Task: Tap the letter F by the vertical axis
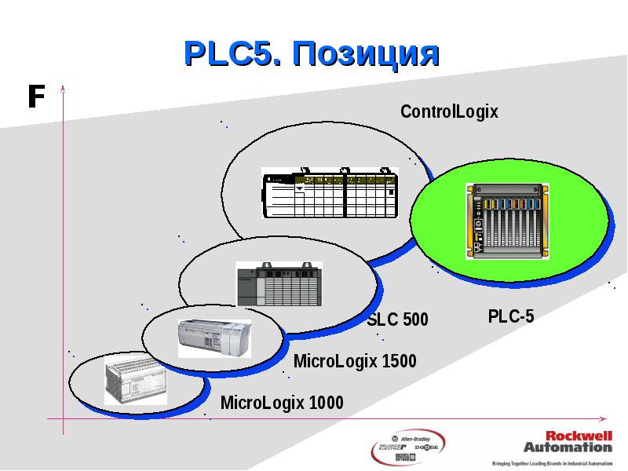coord(35,97)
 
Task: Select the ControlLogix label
coord(449,111)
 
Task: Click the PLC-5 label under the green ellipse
coord(510,316)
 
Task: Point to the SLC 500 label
coord(397,319)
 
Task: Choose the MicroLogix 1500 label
coord(354,362)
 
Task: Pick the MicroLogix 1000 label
coord(282,403)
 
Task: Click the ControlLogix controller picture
coord(330,194)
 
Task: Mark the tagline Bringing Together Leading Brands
coord(551,463)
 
